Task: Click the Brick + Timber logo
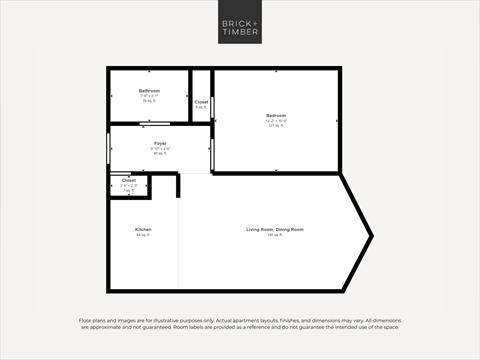pyautogui.click(x=240, y=23)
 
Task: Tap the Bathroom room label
pyautogui.click(x=149, y=91)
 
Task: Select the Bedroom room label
pyautogui.click(x=276, y=115)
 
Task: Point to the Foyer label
pyautogui.click(x=159, y=143)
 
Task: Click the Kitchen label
pyautogui.click(x=143, y=229)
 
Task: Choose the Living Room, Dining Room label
pyautogui.click(x=275, y=229)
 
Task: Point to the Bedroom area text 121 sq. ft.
pyautogui.click(x=276, y=127)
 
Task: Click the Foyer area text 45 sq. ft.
pyautogui.click(x=159, y=154)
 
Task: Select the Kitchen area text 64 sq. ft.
pyautogui.click(x=143, y=235)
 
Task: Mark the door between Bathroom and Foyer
pyautogui.click(x=160, y=124)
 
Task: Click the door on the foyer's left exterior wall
pyautogui.click(x=109, y=148)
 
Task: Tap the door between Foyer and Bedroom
pyautogui.click(x=212, y=152)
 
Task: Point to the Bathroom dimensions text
pyautogui.click(x=149, y=96)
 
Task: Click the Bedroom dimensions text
pyautogui.click(x=276, y=121)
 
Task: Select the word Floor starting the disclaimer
pyautogui.click(x=85, y=320)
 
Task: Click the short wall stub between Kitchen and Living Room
pyautogui.click(x=179, y=185)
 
